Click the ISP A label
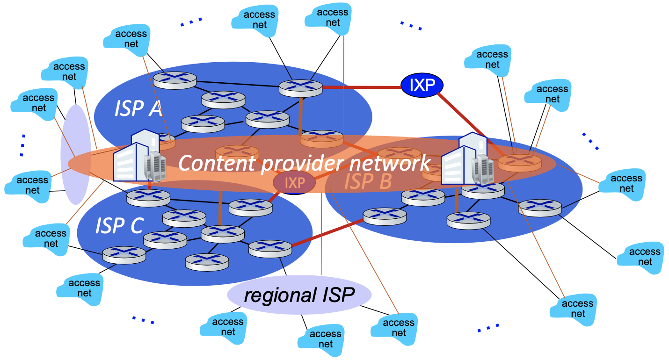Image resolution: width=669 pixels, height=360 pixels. click(138, 108)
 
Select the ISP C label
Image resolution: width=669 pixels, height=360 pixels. click(119, 226)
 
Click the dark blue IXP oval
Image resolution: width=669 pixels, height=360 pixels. click(422, 85)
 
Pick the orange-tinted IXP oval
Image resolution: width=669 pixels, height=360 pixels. click(294, 182)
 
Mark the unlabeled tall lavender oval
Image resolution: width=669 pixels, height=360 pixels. click(75, 154)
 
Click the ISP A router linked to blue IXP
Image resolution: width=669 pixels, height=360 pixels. click(300, 87)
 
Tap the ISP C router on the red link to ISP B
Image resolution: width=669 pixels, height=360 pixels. click(270, 248)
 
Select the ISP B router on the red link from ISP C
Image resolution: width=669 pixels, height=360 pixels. click(384, 216)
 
